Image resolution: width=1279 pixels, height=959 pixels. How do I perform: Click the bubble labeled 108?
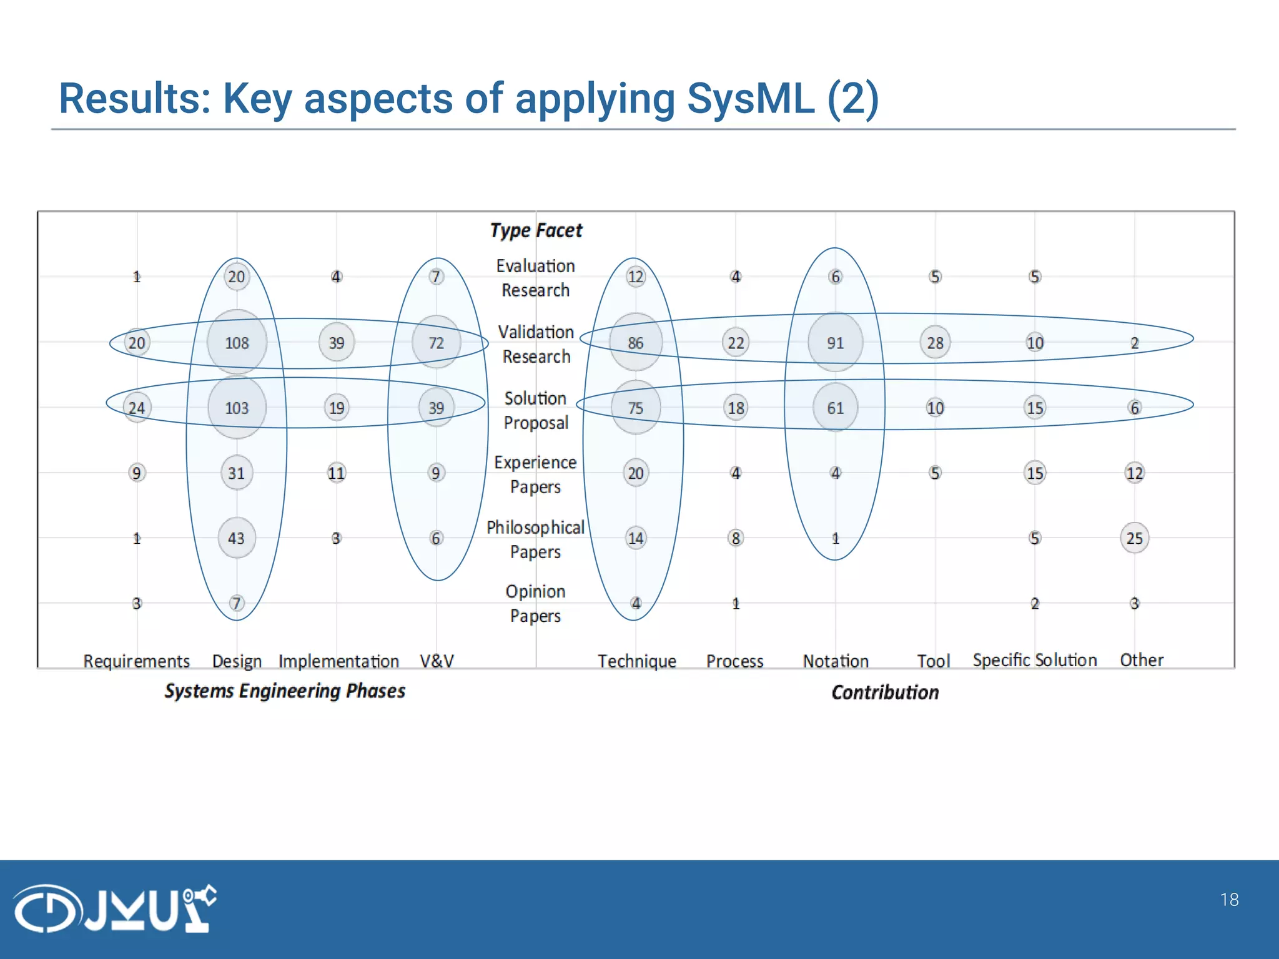click(237, 342)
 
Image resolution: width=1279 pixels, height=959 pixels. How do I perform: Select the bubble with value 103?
click(237, 408)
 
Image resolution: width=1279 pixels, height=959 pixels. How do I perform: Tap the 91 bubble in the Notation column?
click(835, 342)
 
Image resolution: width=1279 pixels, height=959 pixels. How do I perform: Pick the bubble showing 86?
click(635, 342)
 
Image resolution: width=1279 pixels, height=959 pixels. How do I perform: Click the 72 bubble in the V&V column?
click(436, 342)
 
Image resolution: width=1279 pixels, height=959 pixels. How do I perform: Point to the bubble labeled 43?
click(236, 538)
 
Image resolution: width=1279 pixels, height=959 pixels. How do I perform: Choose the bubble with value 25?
click(1134, 538)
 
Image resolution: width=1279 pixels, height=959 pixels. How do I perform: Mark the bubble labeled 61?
click(835, 408)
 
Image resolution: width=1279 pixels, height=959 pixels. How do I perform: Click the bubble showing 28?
click(935, 342)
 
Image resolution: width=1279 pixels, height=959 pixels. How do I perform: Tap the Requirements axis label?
click(136, 661)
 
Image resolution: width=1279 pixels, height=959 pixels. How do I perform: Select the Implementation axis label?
click(338, 661)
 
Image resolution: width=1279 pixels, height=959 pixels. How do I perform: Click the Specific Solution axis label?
click(1034, 660)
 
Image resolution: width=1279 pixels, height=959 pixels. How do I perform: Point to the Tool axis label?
click(933, 661)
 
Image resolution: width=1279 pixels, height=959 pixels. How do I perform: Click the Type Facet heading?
click(536, 230)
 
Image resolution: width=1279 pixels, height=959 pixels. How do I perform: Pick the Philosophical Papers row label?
click(535, 539)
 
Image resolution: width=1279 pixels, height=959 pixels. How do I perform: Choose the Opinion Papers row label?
click(535, 603)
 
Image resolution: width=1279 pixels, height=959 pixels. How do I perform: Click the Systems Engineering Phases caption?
click(285, 691)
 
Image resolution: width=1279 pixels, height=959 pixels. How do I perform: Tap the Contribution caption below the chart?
click(885, 692)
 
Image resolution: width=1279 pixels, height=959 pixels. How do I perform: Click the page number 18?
click(1229, 900)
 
